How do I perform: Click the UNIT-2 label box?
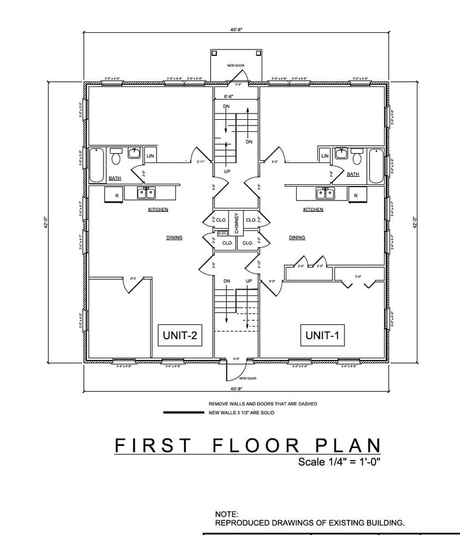(x=180, y=336)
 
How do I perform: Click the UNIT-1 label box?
(x=323, y=336)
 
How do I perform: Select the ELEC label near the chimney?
(x=222, y=233)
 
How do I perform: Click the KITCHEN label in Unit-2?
(x=158, y=210)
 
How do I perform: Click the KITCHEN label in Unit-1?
(x=313, y=210)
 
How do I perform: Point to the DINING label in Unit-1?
(x=297, y=237)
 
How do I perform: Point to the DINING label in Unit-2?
(x=174, y=237)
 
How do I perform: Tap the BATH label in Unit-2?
(x=115, y=179)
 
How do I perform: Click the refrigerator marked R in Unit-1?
(x=356, y=196)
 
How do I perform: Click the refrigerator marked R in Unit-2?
(x=117, y=196)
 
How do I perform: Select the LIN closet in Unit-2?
(x=150, y=156)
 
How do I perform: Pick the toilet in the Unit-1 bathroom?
(x=357, y=158)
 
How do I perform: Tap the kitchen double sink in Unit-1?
(x=324, y=193)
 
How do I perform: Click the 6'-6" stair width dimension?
(x=228, y=97)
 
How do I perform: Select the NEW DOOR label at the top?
(x=236, y=66)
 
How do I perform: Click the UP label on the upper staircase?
(x=227, y=172)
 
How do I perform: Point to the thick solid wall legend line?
(x=184, y=413)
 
